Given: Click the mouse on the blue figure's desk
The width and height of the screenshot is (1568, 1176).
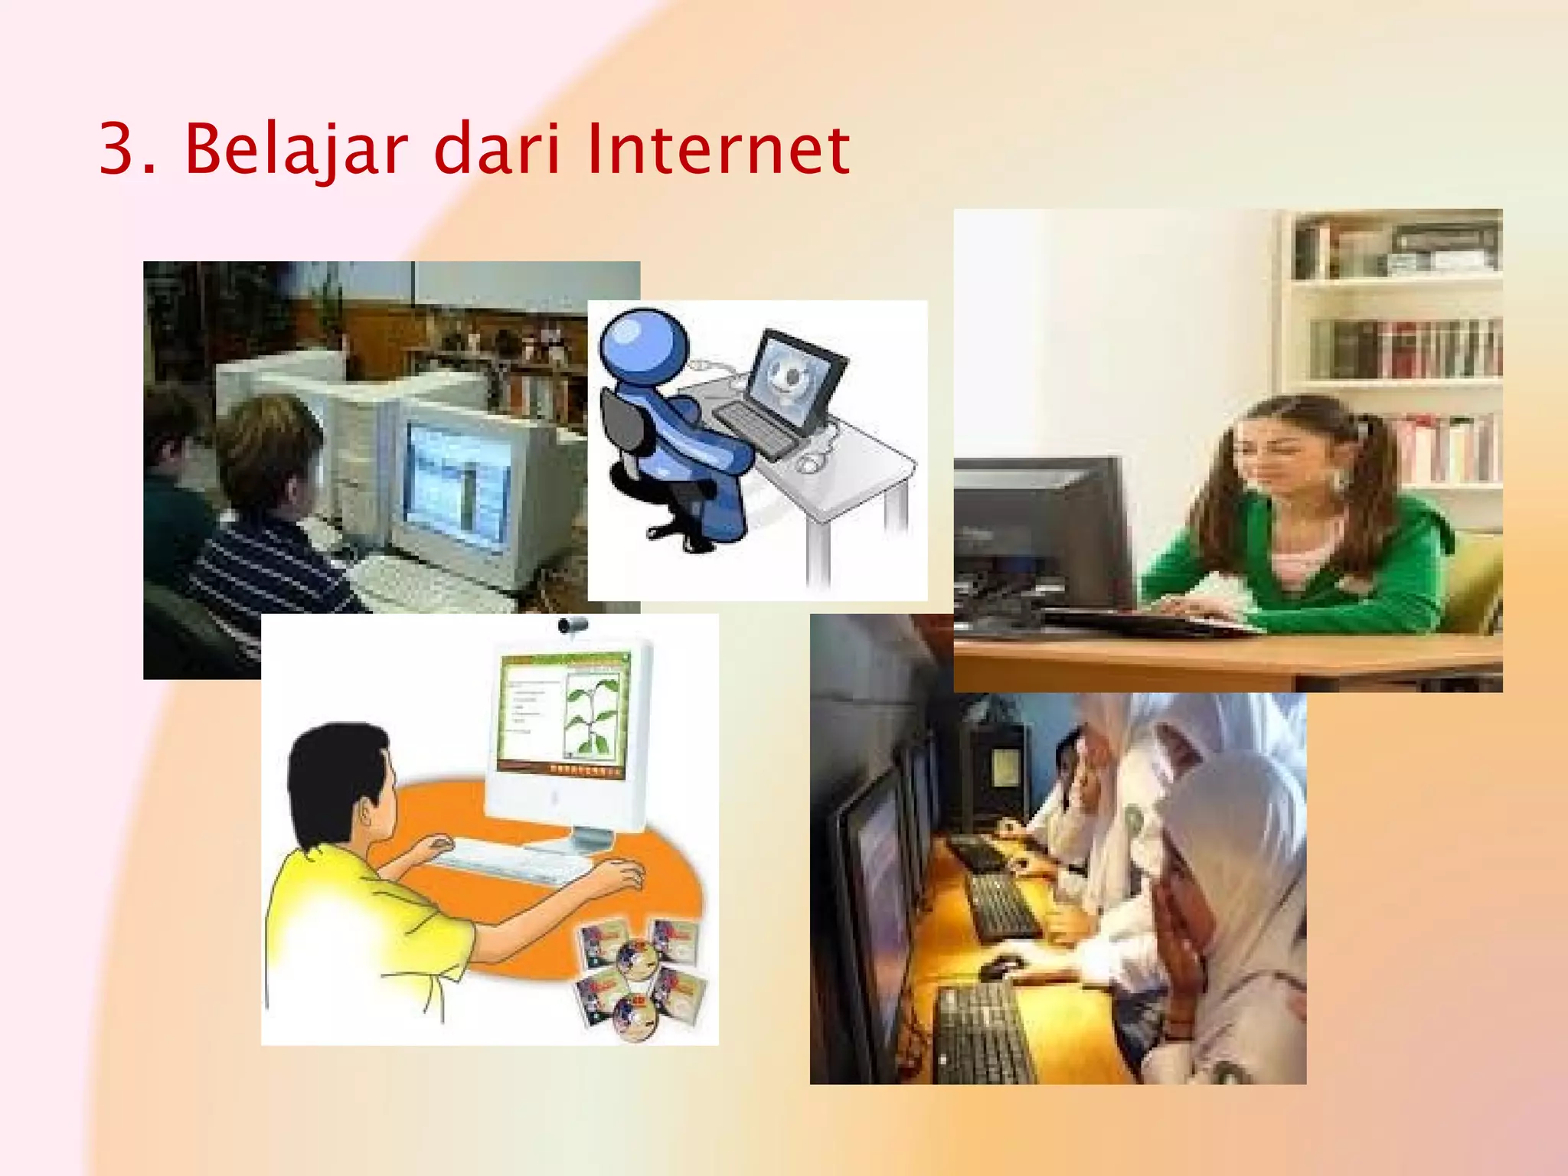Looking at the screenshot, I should [x=810, y=462].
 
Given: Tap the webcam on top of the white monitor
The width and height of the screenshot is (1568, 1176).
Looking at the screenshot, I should [x=573, y=626].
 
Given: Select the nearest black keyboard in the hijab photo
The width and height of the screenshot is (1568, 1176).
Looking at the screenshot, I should [x=984, y=1034].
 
